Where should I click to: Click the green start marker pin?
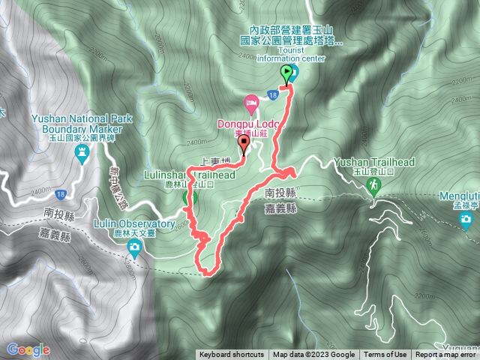click(x=286, y=73)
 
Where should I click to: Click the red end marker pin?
click(x=244, y=144)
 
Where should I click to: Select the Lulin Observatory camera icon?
click(x=134, y=248)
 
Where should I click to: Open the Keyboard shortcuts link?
click(x=232, y=355)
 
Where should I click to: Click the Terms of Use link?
click(x=385, y=355)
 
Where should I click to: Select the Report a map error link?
click(x=446, y=355)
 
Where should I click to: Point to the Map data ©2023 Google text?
click(x=313, y=355)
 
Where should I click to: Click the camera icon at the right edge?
click(x=466, y=220)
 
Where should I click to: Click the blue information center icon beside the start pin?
click(x=293, y=73)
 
